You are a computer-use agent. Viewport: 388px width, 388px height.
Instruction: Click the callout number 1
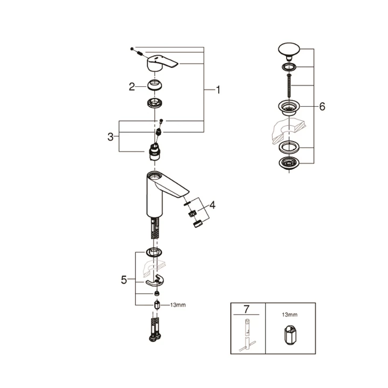[x=218, y=90]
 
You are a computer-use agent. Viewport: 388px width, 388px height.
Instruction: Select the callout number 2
[x=131, y=86]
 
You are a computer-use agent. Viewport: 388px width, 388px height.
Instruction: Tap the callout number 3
[x=111, y=136]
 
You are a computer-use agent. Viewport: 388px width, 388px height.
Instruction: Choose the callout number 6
[x=322, y=107]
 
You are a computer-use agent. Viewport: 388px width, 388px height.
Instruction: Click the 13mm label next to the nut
[x=178, y=305]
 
